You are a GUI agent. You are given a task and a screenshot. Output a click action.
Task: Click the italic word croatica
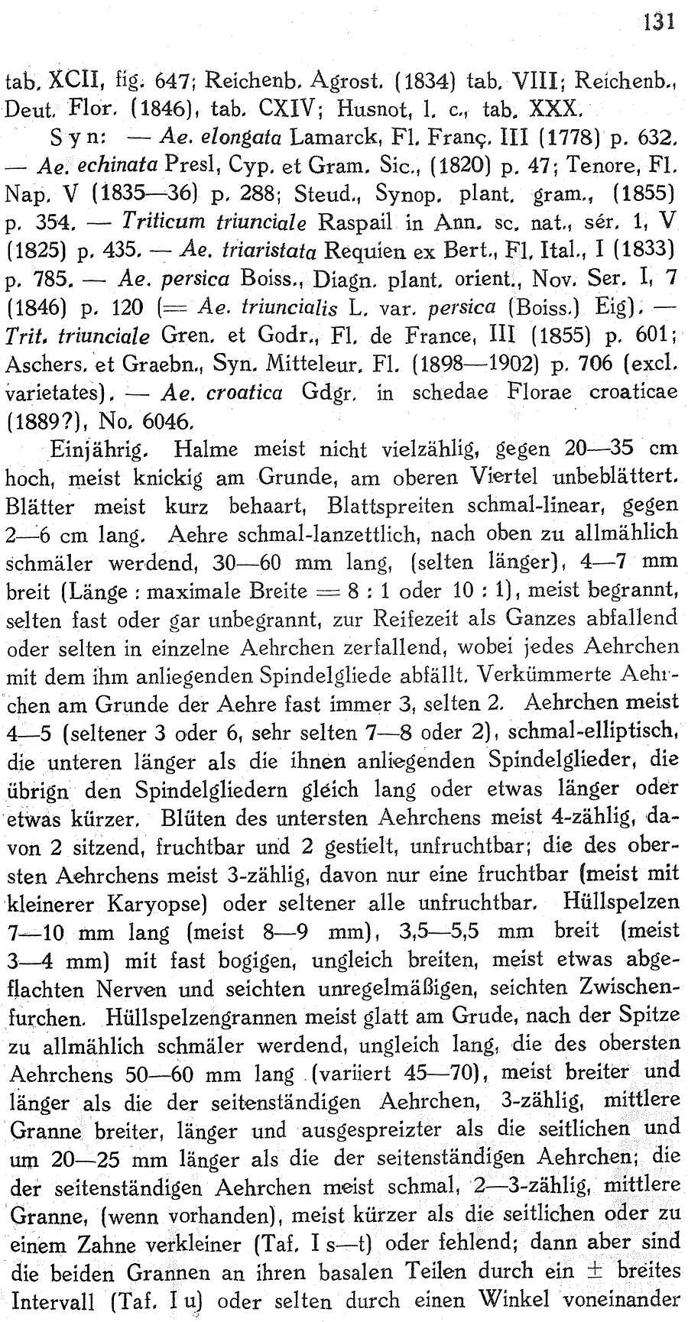point(242,393)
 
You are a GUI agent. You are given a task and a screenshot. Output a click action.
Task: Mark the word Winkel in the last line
point(545,1298)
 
